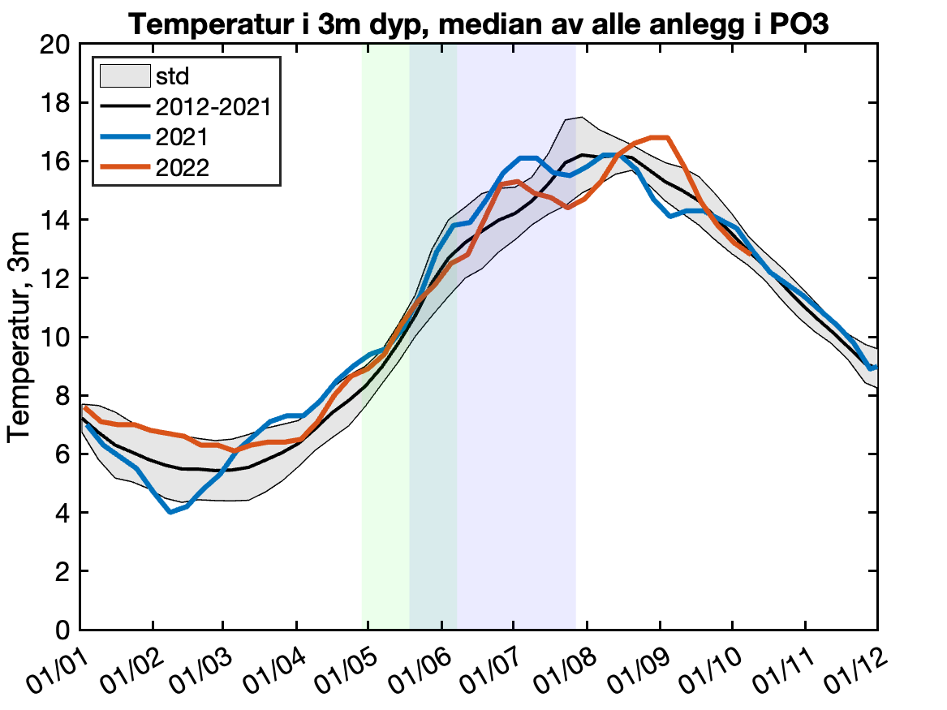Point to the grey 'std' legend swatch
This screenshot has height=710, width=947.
(x=124, y=76)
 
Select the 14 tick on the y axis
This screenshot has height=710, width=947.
(x=57, y=221)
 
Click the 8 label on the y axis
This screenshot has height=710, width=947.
(x=62, y=396)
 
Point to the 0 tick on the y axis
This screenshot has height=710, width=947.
(x=62, y=630)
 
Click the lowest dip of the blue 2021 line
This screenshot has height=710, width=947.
(x=170, y=512)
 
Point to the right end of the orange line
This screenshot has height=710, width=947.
(x=751, y=254)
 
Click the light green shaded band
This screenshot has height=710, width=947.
(x=385, y=487)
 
